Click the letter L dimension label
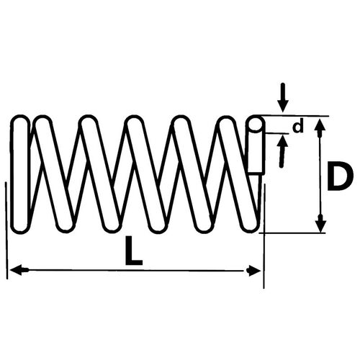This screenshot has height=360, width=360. [134, 251]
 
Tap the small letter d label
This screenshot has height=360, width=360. [298, 127]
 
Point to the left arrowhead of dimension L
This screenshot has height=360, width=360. [19, 271]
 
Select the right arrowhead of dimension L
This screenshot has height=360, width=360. [253, 271]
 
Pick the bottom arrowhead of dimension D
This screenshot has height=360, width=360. [320, 223]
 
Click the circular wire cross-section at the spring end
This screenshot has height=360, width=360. [256, 123]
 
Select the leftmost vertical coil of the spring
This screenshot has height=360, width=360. [20, 174]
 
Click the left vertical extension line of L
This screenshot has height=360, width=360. [6, 230]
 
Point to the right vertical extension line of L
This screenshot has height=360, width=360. [264, 236]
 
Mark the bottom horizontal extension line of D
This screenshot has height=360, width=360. [292, 233]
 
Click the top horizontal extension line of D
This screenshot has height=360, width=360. [295, 116]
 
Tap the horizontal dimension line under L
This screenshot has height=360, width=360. [135, 271]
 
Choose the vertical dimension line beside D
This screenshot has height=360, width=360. [320, 175]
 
